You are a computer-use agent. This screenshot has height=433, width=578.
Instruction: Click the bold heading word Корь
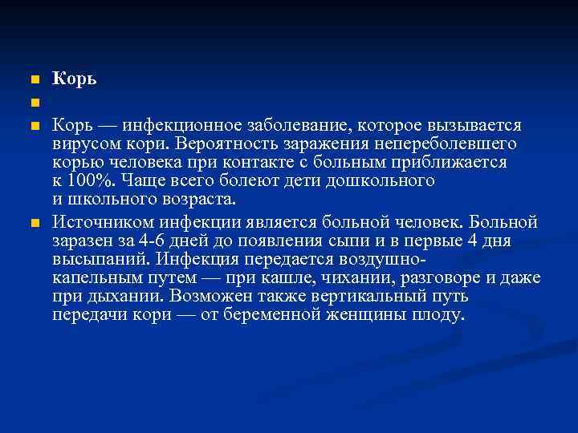coord(75,79)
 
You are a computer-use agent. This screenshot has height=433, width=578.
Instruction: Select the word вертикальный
coord(354,296)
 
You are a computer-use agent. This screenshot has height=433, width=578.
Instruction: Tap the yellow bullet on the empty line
coord(34,103)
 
